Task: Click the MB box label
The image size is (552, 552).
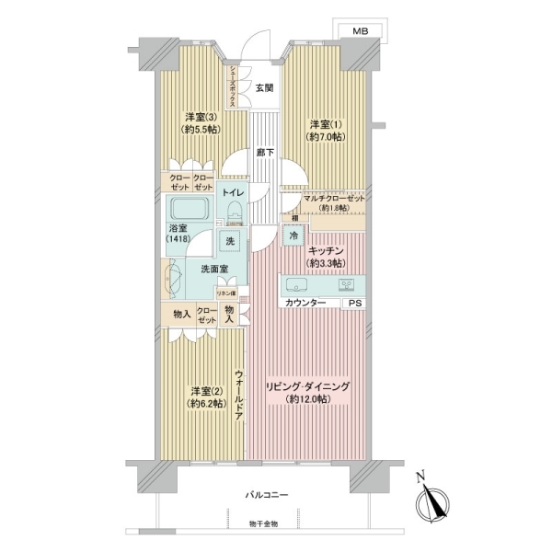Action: pyautogui.click(x=362, y=31)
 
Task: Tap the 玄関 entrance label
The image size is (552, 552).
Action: pyautogui.click(x=264, y=87)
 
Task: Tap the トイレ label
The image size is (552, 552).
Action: pyautogui.click(x=232, y=192)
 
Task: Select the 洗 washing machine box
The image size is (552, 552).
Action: pyautogui.click(x=230, y=241)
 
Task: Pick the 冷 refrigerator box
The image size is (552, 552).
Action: pyautogui.click(x=293, y=236)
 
